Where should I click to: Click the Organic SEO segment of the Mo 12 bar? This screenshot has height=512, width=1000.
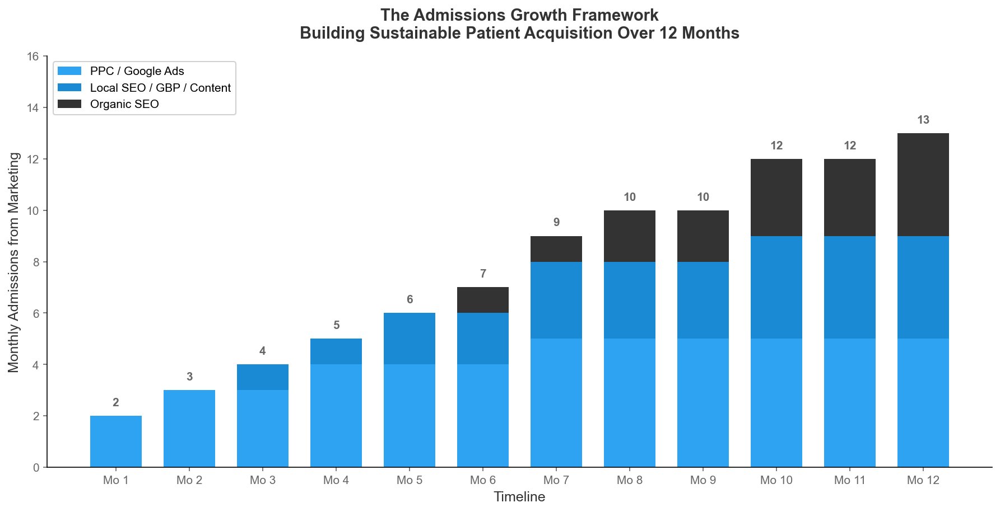[923, 185]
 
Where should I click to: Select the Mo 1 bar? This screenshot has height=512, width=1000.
[116, 441]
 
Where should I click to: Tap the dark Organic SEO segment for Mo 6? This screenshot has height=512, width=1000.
[483, 300]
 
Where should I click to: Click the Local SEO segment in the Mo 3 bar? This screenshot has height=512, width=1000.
[263, 377]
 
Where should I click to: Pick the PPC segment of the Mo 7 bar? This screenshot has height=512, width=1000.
[556, 403]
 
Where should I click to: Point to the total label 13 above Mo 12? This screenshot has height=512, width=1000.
[923, 120]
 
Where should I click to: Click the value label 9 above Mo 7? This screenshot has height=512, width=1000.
[556, 223]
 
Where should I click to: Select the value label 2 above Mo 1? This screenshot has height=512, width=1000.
[116, 403]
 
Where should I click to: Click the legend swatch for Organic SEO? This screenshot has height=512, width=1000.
[69, 104]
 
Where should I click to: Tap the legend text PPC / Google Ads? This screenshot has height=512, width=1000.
[137, 71]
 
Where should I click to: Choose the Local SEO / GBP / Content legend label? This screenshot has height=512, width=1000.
[160, 88]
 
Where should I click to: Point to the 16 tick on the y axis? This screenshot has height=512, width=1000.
[33, 57]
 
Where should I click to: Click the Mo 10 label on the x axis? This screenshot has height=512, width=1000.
[776, 480]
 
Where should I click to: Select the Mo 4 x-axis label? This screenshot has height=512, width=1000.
[336, 480]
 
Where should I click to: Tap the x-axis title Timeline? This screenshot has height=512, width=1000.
[519, 497]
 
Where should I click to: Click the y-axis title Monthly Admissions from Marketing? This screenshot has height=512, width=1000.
[14, 262]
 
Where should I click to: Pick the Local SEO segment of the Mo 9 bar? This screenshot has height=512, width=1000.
[703, 300]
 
